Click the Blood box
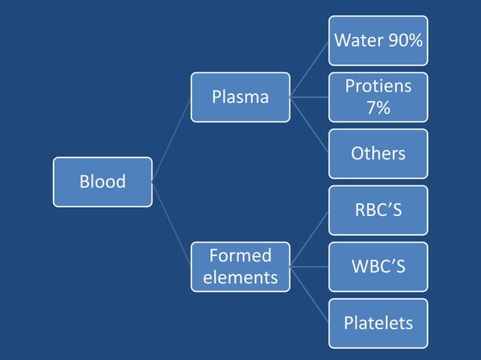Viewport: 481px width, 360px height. pos(103,182)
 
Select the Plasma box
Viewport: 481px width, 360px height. pos(240,97)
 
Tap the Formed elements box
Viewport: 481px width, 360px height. pos(240,266)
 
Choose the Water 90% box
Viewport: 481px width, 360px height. pos(378,41)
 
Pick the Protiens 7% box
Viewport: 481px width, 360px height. pos(378,97)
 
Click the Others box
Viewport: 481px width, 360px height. pos(378,154)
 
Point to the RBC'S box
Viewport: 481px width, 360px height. pos(378,209)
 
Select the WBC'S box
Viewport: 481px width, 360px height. pos(378,266)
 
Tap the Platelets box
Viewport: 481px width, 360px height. pos(378,323)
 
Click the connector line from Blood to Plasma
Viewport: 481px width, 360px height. pos(171,139)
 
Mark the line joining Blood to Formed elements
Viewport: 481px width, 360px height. pos(171,224)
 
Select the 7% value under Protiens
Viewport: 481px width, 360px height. pos(378,108)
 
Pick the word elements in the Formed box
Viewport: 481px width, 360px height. pos(240,277)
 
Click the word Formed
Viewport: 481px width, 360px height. pos(240,255)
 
